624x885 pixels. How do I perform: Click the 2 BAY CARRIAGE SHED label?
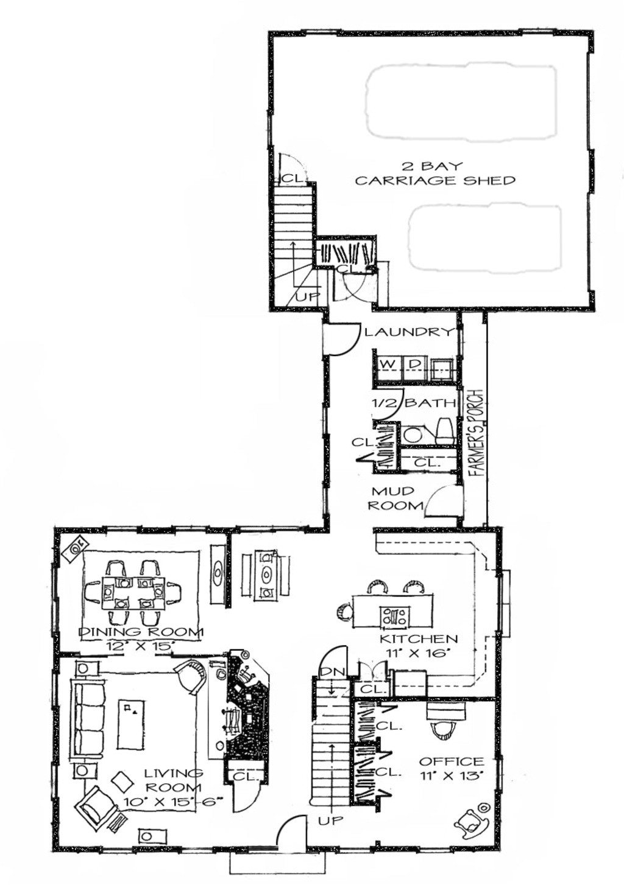click(x=434, y=173)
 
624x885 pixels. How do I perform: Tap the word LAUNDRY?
click(x=409, y=332)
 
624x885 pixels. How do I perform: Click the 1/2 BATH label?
click(x=414, y=403)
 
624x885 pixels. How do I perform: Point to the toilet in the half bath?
click(x=444, y=430)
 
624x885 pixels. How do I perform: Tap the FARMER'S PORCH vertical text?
click(x=476, y=432)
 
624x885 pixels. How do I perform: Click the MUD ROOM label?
click(x=395, y=498)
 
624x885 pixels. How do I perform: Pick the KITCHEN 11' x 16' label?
click(x=418, y=645)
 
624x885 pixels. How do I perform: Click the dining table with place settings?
click(x=133, y=592)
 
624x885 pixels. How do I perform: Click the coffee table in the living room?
click(x=131, y=724)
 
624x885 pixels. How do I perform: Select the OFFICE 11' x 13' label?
click(x=452, y=768)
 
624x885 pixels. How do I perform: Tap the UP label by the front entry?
click(x=331, y=820)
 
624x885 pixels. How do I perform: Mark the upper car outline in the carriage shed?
click(x=461, y=101)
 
